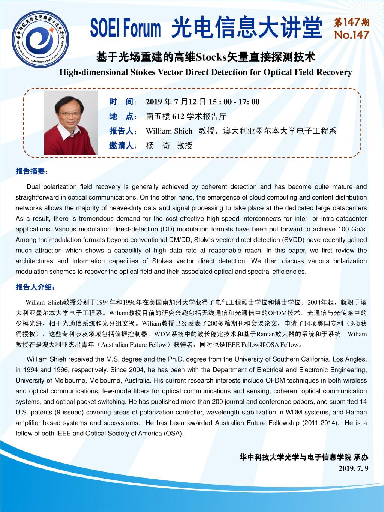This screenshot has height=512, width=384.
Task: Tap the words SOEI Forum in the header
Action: point(126,29)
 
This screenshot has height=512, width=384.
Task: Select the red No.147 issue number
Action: point(351,35)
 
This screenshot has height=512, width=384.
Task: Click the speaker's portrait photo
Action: point(71,123)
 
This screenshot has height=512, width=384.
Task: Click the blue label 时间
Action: point(121,102)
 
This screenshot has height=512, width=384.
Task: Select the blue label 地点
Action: point(121,116)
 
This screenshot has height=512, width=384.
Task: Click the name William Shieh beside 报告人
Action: point(169,131)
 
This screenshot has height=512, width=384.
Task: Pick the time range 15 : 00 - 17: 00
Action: point(234,102)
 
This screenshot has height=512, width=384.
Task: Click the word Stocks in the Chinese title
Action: point(212,57)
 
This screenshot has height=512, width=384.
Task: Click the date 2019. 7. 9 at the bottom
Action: point(354,468)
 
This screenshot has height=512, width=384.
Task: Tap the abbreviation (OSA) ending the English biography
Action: point(173,434)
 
